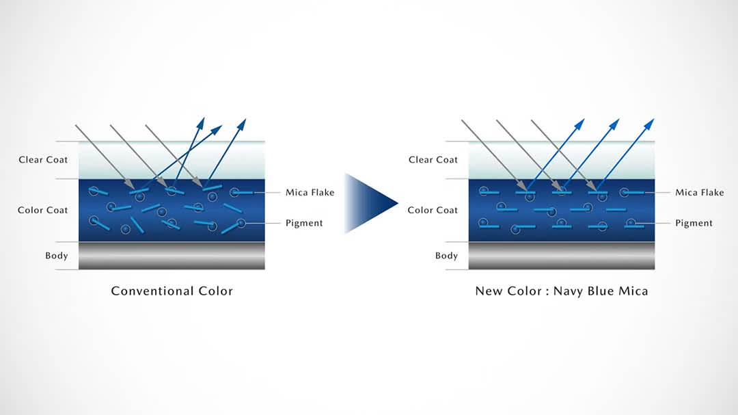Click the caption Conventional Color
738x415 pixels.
pos(172,291)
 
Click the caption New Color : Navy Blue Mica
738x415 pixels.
pos(561,291)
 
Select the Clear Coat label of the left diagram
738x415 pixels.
pos(44,160)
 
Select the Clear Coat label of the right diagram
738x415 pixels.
pos(433,160)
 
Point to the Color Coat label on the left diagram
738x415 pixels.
pos(43,211)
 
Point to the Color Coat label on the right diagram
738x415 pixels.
pos(433,211)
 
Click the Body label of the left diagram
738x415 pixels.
pos(57,256)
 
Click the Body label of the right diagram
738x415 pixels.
pos(446,256)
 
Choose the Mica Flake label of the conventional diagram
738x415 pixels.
pos(310,193)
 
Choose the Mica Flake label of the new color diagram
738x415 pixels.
pos(700,193)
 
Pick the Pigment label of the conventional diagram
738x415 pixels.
pos(304,223)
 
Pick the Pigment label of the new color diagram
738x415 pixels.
pos(694,223)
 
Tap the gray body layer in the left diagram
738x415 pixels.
pos(172,255)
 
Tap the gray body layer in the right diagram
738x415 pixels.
pos(561,255)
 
